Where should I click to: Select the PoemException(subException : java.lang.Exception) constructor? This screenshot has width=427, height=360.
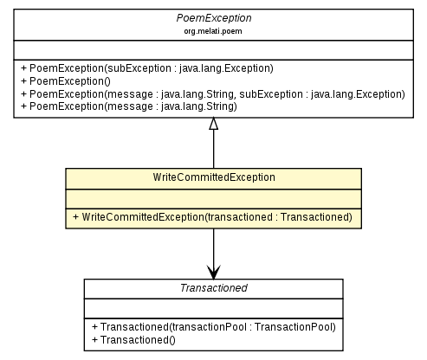pyautogui.click(x=152, y=67)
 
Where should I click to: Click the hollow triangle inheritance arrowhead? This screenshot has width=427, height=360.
pyautogui.click(x=213, y=125)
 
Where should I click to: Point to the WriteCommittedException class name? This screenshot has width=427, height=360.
pyautogui.click(x=213, y=177)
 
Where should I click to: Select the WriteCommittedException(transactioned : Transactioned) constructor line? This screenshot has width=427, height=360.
pyautogui.click(x=212, y=216)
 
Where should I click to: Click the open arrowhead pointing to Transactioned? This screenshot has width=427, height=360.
pyautogui.click(x=213, y=271)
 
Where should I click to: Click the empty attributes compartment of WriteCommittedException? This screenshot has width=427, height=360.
pyautogui.click(x=213, y=196)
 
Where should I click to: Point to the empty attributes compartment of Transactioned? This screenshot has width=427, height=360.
pyautogui.click(x=213, y=308)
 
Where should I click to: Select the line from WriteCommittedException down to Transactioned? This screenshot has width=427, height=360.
pyautogui.click(x=213, y=247)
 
